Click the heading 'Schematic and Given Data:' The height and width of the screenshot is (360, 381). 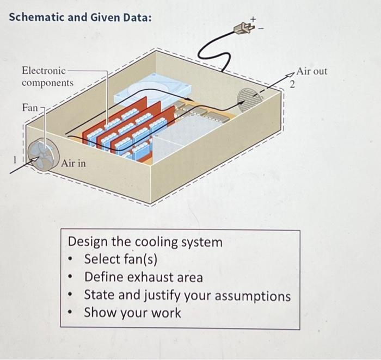(81, 17)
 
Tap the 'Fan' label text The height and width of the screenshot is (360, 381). (30, 108)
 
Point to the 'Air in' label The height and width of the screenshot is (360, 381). (73, 163)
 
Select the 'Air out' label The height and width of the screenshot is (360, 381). (312, 71)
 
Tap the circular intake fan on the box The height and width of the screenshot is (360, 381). (40, 154)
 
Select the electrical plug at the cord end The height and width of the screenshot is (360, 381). (241, 27)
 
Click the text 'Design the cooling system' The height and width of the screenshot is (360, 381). (145, 241)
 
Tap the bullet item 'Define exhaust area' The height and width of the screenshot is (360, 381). (143, 277)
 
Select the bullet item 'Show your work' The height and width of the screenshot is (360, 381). (132, 313)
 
